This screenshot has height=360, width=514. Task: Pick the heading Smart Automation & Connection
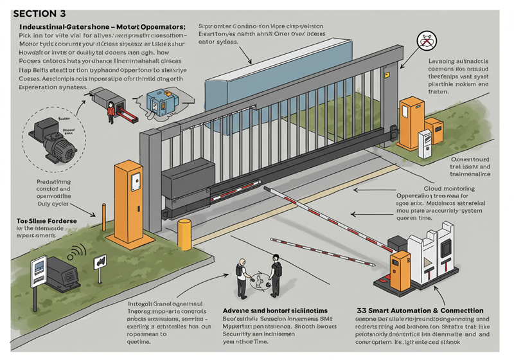pos(421,310)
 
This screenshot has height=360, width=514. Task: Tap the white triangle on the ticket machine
pos(429,260)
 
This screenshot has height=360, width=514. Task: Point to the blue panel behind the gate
pos(257,84)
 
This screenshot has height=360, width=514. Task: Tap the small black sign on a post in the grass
pos(100,263)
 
